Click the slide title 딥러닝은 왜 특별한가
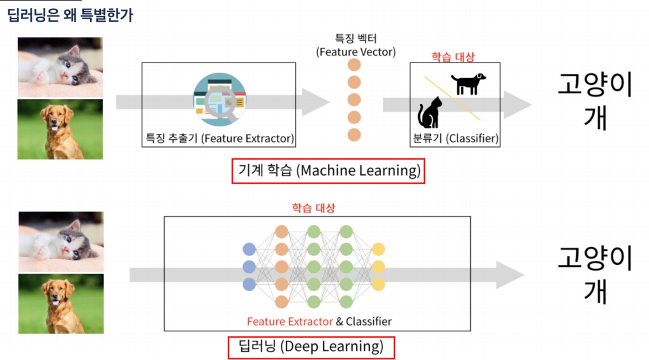[x=70, y=15]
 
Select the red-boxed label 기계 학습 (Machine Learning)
[x=329, y=171]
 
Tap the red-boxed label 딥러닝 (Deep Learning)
[x=311, y=347]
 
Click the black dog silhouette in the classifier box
[x=468, y=84]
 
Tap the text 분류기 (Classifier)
[x=455, y=138]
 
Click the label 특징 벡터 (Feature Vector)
[x=355, y=45]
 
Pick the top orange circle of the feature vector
[x=354, y=65]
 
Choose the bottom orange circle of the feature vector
[x=354, y=135]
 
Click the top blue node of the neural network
[x=250, y=249]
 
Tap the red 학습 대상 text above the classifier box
[x=454, y=57]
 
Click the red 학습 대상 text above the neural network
[x=313, y=208]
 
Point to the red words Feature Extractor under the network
[x=290, y=321]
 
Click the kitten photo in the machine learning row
[x=60, y=66]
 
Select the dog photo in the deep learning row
[x=61, y=303]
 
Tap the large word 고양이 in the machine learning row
[x=595, y=86]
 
